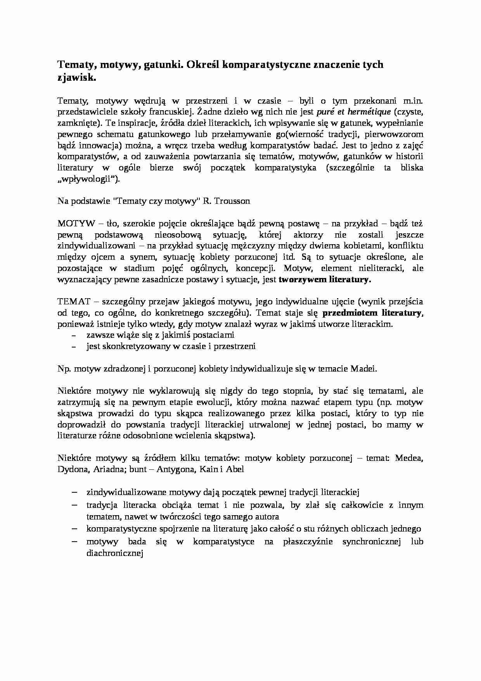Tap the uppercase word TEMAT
[74, 301]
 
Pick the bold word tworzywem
[303, 279]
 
